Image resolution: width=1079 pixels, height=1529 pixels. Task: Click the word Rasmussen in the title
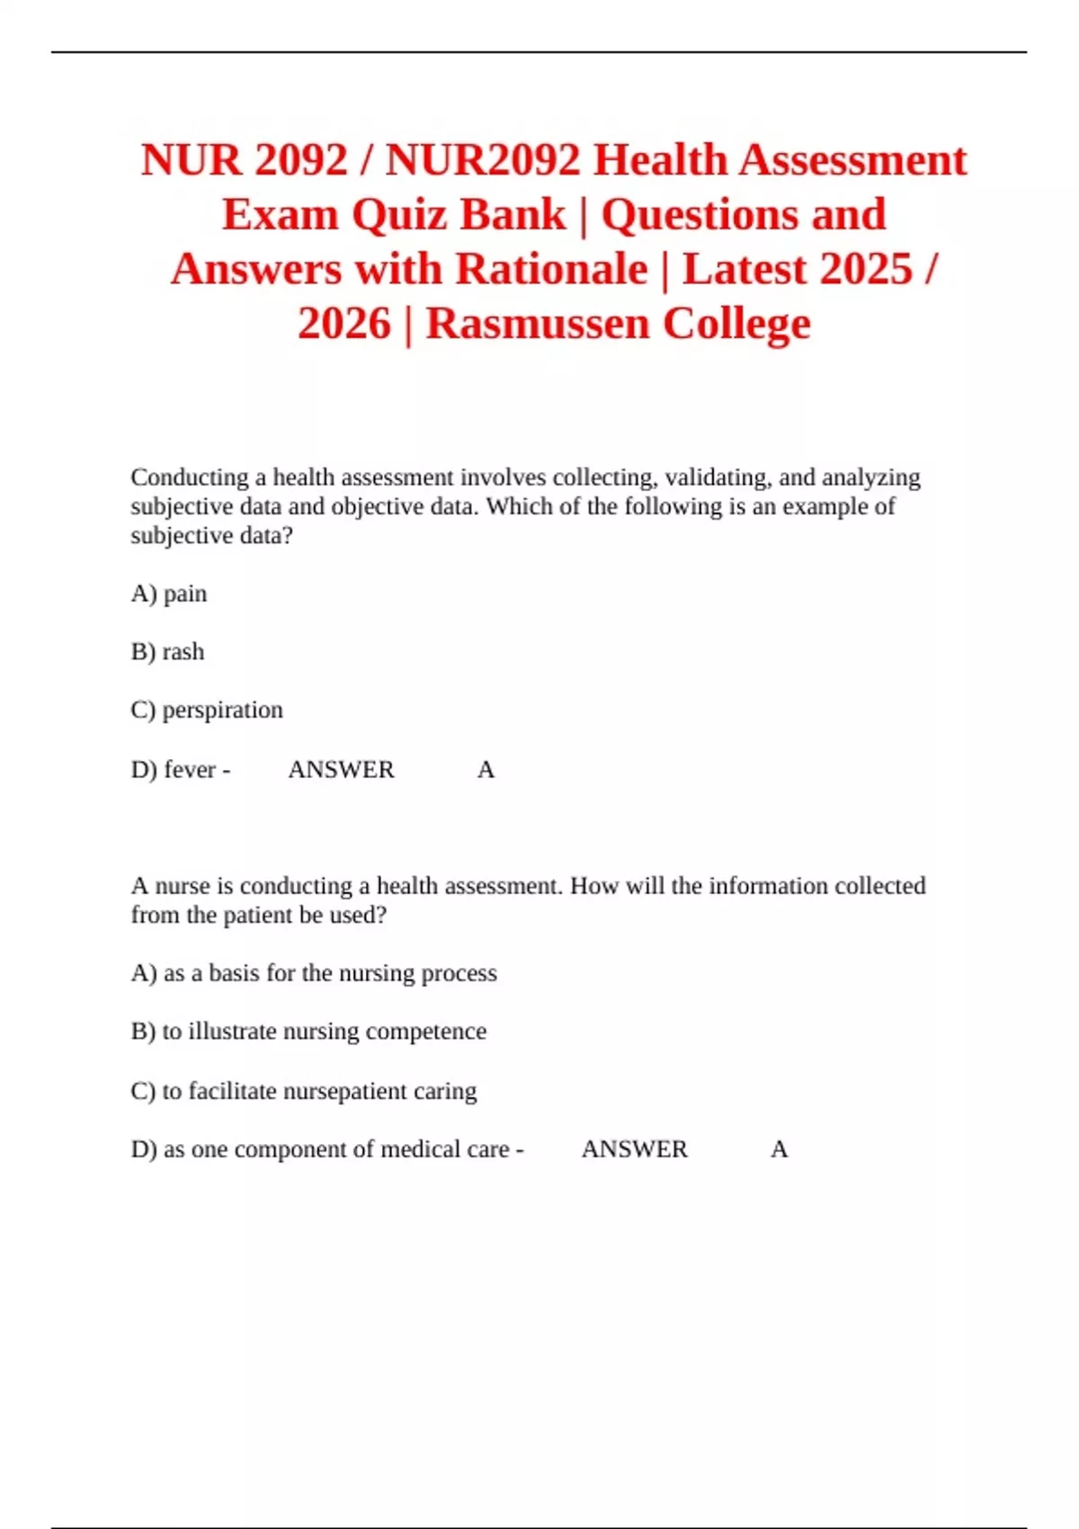tap(536, 324)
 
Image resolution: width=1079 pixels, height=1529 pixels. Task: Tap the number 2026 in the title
tap(344, 324)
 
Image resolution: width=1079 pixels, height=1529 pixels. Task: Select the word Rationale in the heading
tap(551, 269)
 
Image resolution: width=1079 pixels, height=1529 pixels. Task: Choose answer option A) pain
tap(169, 594)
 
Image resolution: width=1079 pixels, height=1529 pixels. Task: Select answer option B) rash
tap(168, 651)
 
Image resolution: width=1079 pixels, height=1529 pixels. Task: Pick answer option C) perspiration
tap(207, 710)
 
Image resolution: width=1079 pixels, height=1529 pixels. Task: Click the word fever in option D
tap(190, 770)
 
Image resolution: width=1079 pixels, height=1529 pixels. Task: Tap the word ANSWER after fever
tap(341, 770)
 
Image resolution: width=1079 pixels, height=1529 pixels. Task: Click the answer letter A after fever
tap(486, 770)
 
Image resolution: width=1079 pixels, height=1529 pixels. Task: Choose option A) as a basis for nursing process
tap(314, 973)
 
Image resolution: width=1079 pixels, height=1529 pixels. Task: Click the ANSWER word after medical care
tap(634, 1149)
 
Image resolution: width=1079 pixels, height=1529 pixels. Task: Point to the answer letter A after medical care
tap(779, 1149)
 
